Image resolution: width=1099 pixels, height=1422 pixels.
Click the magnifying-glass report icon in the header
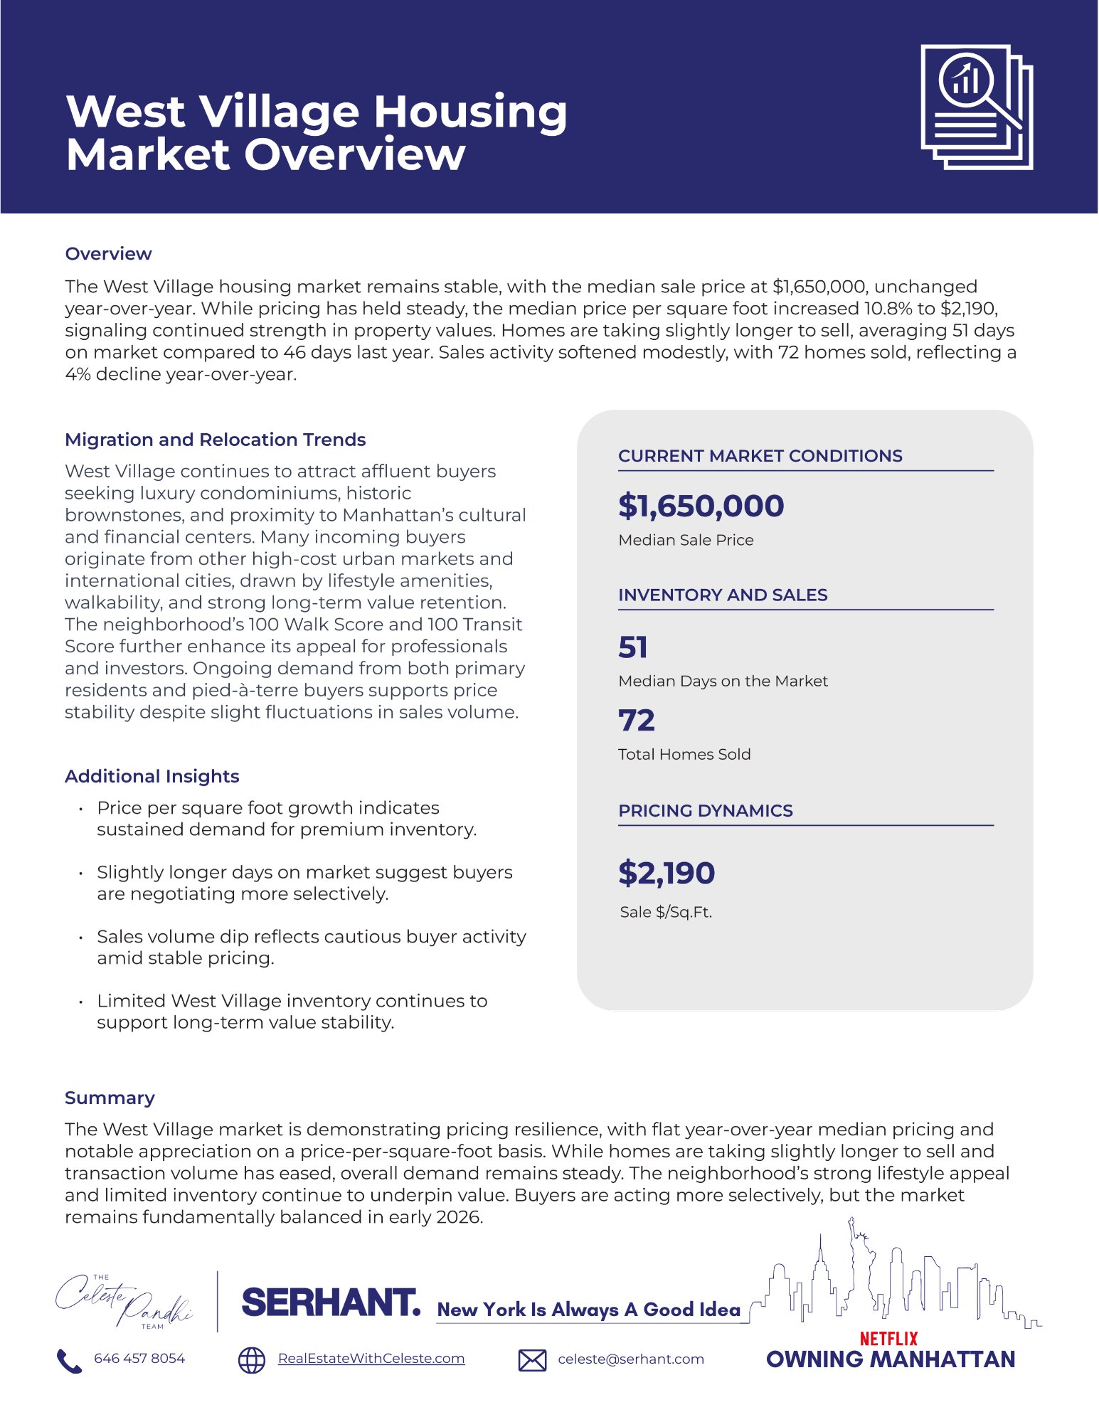point(976,107)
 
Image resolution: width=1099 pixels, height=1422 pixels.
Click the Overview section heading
point(108,254)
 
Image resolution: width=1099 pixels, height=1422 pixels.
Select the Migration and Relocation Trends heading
point(215,440)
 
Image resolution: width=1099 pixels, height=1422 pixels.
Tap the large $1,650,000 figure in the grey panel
point(701,506)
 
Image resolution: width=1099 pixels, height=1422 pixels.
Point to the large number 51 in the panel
point(633,647)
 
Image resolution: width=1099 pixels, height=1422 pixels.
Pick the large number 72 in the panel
point(636,721)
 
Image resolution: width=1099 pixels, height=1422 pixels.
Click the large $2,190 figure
point(667,873)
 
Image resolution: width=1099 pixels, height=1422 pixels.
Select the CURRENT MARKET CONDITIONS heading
point(760,456)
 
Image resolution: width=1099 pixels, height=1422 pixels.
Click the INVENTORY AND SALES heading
point(723,595)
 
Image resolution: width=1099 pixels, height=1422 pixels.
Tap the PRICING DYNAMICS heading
point(705,810)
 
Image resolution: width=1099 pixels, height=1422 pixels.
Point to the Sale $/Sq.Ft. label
point(666,912)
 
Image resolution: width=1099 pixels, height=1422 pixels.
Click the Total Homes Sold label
point(684,754)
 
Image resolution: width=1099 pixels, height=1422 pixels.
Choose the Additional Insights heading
point(152,776)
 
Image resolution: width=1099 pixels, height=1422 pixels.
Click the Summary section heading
point(110,1098)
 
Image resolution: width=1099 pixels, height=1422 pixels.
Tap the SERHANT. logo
point(331,1302)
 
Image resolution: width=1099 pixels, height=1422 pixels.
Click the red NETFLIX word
point(888,1339)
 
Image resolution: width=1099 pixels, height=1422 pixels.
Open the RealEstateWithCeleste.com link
point(371,1359)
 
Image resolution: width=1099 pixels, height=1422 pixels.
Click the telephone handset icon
point(69,1360)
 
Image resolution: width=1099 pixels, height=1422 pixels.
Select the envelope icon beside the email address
point(532,1360)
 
